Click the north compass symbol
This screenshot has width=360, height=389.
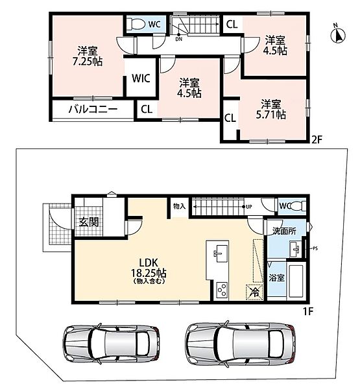click(x=338, y=34)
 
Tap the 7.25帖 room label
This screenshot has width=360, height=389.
click(x=88, y=56)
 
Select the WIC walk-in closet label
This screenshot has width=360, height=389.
click(x=141, y=78)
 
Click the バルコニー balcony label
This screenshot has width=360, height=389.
click(x=93, y=109)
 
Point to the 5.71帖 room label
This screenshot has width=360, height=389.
click(x=271, y=110)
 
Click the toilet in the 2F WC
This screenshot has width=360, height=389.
click(x=138, y=25)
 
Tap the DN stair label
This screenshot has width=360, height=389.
click(x=178, y=39)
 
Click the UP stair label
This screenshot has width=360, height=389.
click(x=249, y=207)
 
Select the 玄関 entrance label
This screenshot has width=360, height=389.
click(x=89, y=222)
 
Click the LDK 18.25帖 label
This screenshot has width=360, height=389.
click(x=149, y=270)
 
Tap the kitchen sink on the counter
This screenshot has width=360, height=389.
click(x=221, y=253)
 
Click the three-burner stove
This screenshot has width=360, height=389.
click(x=221, y=290)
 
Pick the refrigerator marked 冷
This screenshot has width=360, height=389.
click(x=255, y=292)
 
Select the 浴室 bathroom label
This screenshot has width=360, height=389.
click(x=276, y=277)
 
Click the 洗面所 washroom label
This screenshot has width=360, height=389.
click(x=284, y=231)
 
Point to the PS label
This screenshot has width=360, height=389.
click(x=315, y=248)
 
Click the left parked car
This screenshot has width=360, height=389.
click(x=111, y=344)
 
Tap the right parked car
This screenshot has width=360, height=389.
click(x=241, y=344)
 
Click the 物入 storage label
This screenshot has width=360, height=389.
click(x=179, y=206)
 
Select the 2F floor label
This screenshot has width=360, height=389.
click(x=317, y=140)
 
